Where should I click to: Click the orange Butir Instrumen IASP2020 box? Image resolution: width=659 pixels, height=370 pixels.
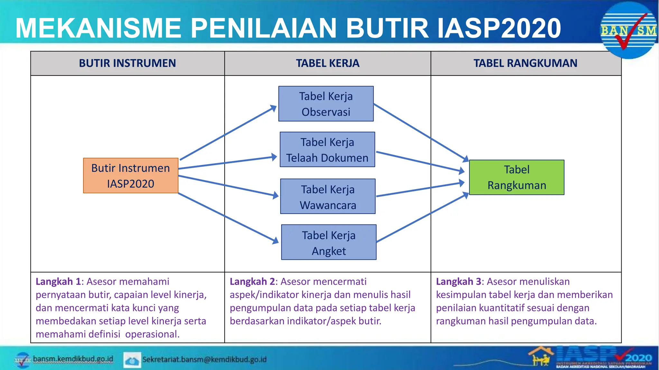click(x=130, y=175)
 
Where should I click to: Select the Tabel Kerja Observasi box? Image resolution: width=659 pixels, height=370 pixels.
click(x=326, y=103)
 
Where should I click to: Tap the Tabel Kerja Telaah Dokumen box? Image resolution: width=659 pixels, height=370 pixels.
click(x=327, y=149)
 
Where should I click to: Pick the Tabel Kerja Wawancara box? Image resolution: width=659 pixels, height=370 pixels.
click(x=328, y=196)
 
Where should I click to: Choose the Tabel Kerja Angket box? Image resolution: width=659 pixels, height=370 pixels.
click(x=329, y=242)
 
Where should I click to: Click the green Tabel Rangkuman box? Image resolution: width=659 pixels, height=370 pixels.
click(x=516, y=177)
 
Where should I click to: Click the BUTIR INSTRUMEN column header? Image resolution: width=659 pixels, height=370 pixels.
click(x=127, y=63)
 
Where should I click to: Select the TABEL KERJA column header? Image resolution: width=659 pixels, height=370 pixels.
click(x=328, y=63)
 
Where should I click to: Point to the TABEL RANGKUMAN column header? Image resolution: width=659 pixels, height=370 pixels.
click(x=525, y=63)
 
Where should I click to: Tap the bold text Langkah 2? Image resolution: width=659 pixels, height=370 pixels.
click(x=252, y=282)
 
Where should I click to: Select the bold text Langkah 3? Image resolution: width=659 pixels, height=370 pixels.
click(x=458, y=282)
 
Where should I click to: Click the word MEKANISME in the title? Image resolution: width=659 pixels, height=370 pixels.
click(x=98, y=28)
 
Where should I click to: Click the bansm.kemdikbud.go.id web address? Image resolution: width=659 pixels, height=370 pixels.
click(x=73, y=359)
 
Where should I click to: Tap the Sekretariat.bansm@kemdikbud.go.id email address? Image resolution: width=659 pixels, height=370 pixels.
click(x=204, y=359)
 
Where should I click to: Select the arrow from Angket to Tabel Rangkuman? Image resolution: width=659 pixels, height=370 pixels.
click(x=422, y=218)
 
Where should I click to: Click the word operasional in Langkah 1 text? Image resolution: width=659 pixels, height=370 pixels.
click(x=152, y=334)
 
